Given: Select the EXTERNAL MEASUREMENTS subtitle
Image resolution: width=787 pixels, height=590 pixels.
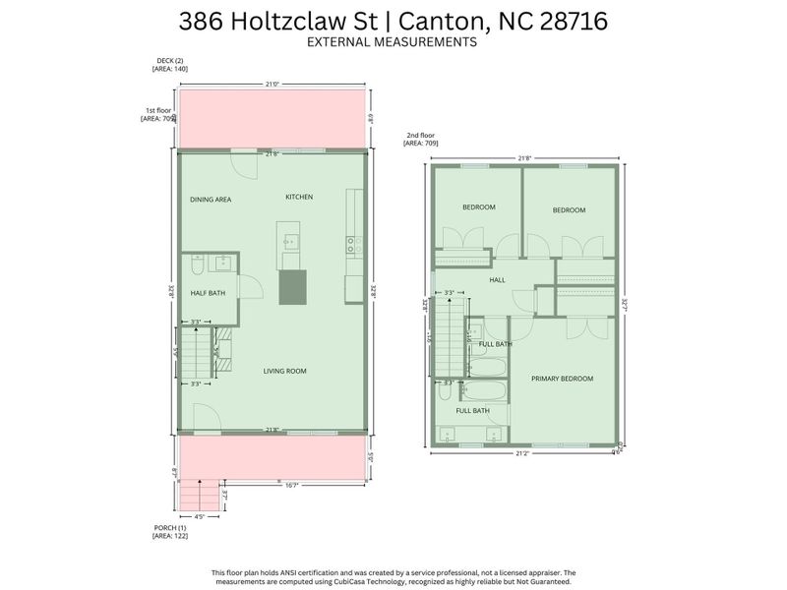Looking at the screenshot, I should coord(393,42).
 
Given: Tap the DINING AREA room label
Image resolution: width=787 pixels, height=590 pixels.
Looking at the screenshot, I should coord(211,200).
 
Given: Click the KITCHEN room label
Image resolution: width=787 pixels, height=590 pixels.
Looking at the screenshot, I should coord(299,197).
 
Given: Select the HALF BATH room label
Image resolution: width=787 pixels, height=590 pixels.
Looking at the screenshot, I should coord(207,293).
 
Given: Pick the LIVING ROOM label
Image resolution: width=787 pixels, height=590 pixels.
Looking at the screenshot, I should coord(285,371).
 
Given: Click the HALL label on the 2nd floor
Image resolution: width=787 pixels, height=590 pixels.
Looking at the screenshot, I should coord(497,280).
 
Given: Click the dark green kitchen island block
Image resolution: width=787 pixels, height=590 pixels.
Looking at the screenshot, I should coord(292,287).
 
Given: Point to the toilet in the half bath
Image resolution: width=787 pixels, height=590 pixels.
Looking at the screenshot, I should coord(197,265).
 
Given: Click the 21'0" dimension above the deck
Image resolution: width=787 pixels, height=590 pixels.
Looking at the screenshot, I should coord(272,85).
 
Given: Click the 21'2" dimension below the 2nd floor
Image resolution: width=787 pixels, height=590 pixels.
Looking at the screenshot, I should coord(521,454).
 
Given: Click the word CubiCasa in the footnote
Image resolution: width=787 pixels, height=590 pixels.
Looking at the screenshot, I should coord(393,580).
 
